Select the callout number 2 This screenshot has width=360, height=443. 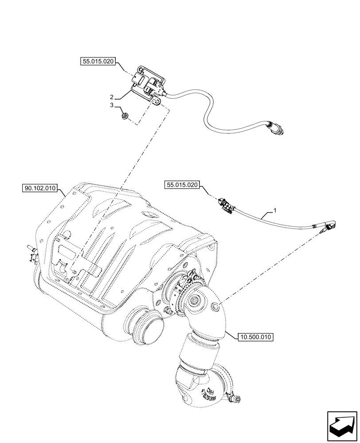[x=113, y=97]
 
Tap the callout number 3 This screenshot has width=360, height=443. [x=113, y=105]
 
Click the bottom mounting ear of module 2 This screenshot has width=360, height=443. [x=157, y=102]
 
